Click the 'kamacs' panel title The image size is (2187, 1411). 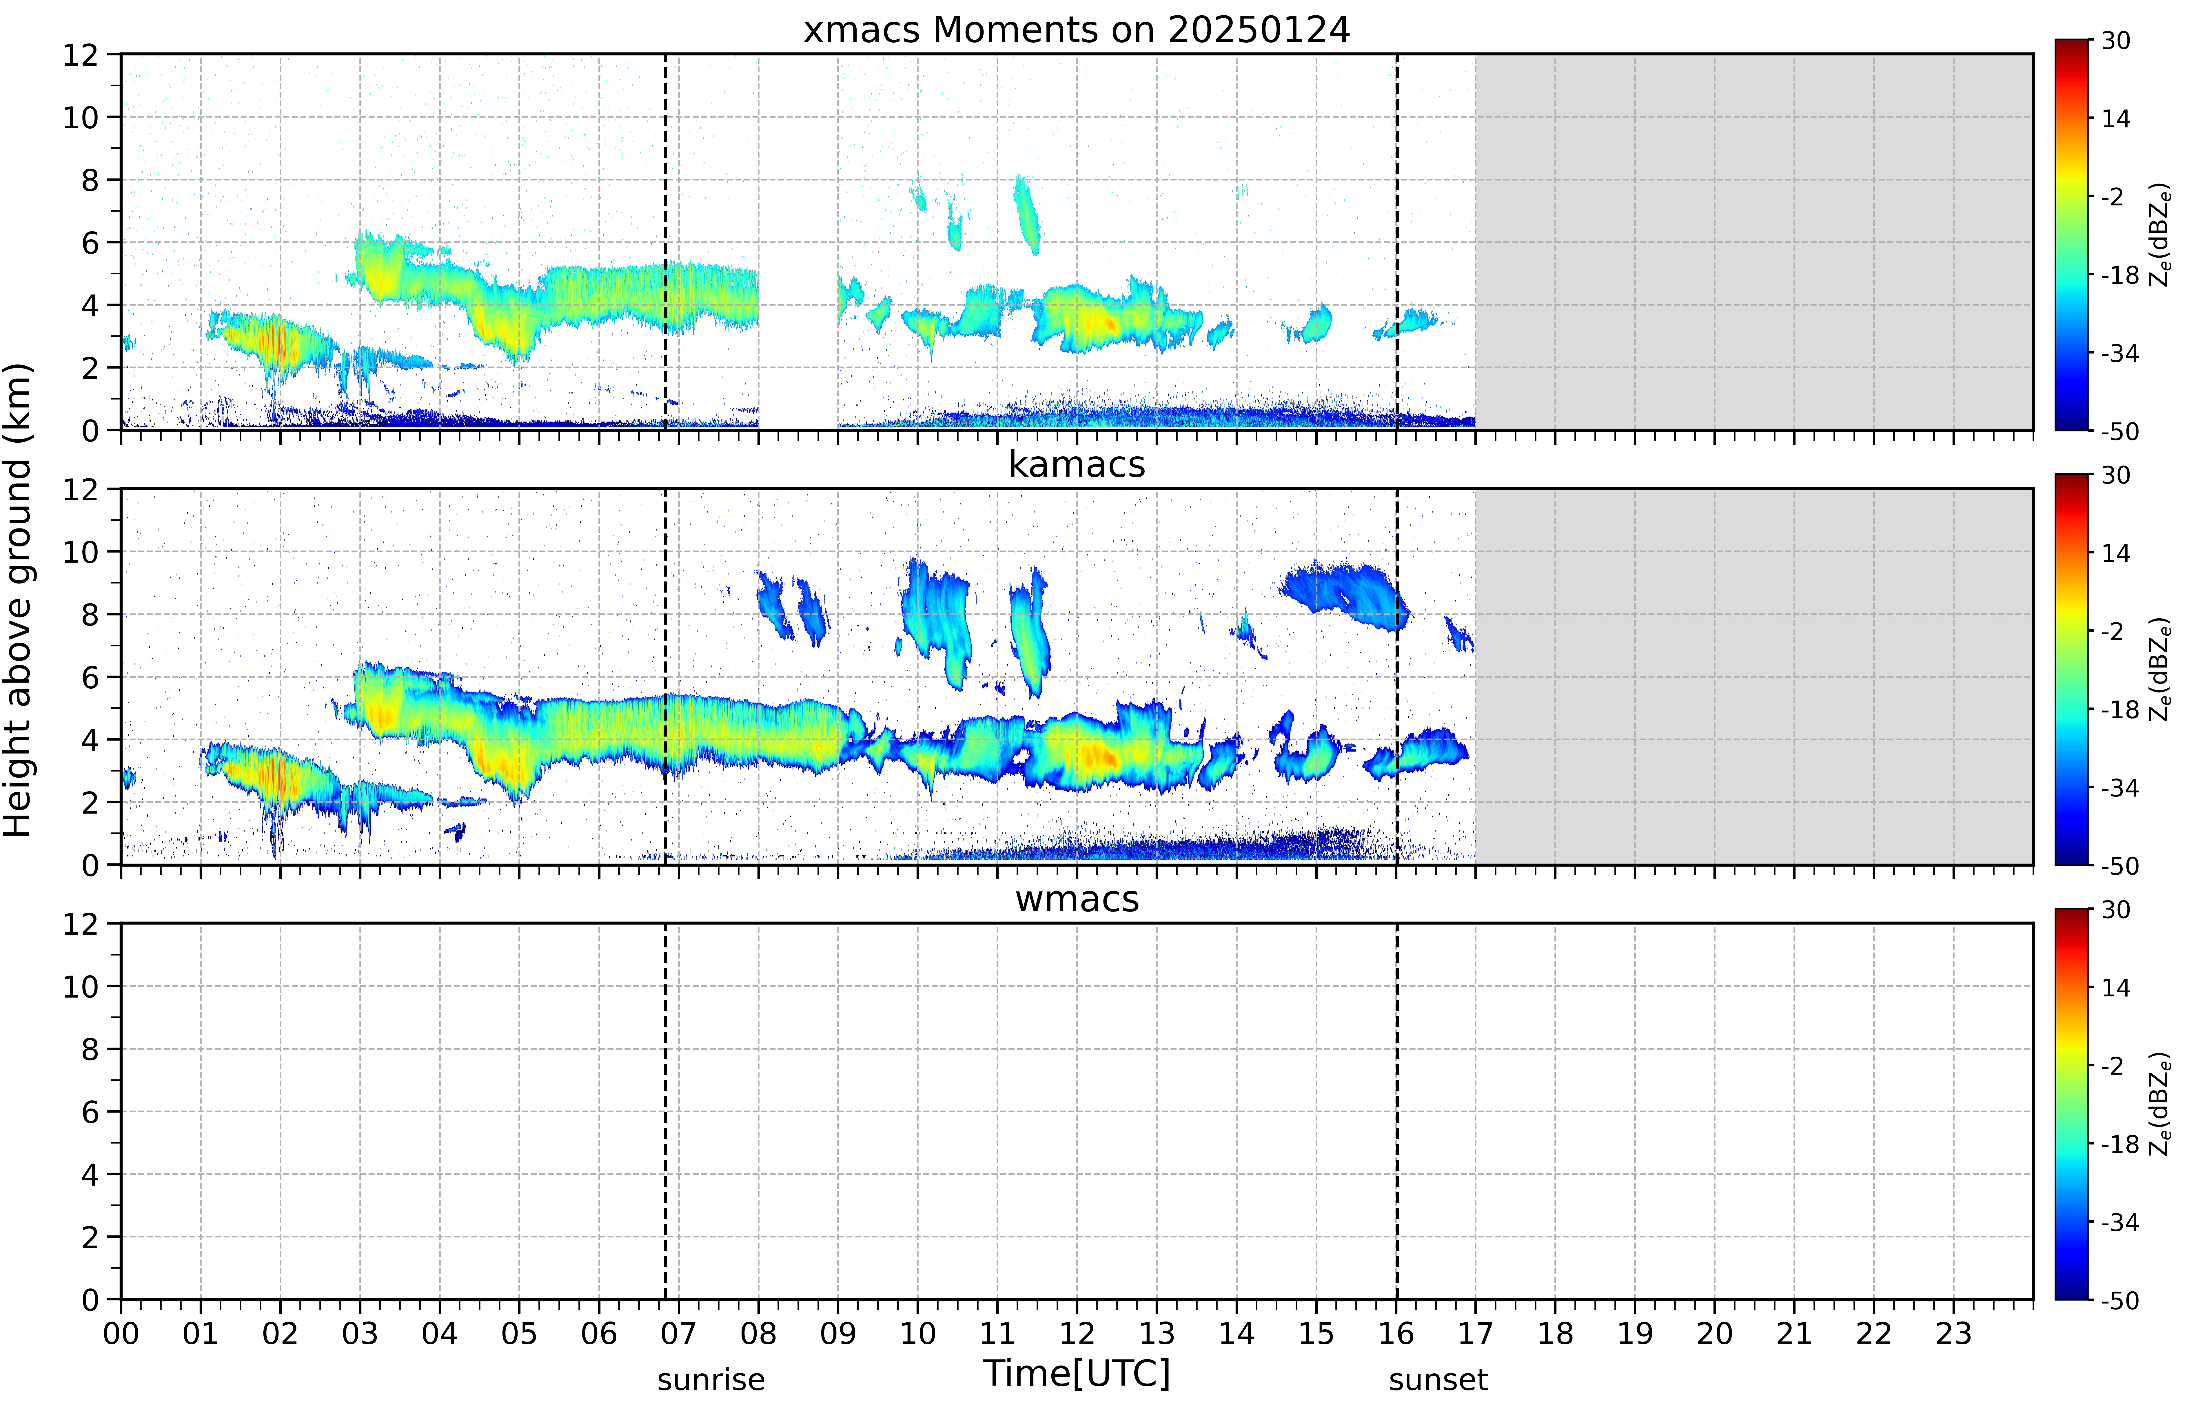1077,464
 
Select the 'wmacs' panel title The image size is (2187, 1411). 1077,899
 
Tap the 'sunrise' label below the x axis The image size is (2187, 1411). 711,1380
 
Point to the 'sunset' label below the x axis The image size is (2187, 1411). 1438,1380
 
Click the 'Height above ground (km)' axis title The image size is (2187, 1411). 18,600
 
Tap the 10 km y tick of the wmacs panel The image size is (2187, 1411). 81,987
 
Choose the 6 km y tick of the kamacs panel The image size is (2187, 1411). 90,677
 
